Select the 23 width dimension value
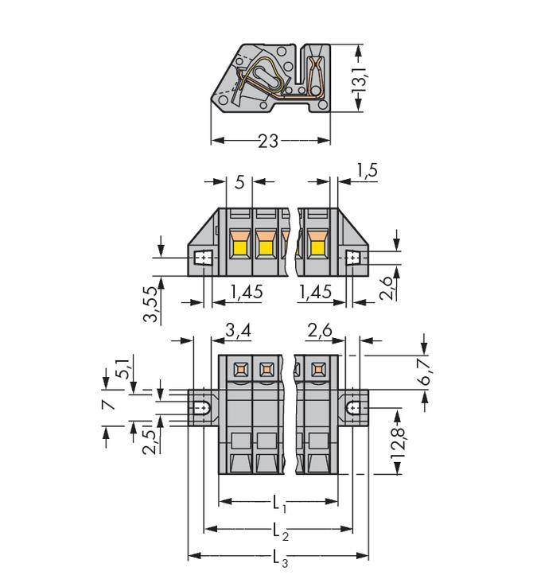(x=269, y=141)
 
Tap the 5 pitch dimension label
(x=239, y=182)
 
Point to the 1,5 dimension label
(x=367, y=169)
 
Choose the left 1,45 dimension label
(x=247, y=293)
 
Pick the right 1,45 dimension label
(x=316, y=293)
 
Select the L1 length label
(x=278, y=503)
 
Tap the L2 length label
(x=278, y=530)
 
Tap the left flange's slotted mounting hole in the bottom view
(x=204, y=408)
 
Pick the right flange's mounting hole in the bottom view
(x=353, y=408)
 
